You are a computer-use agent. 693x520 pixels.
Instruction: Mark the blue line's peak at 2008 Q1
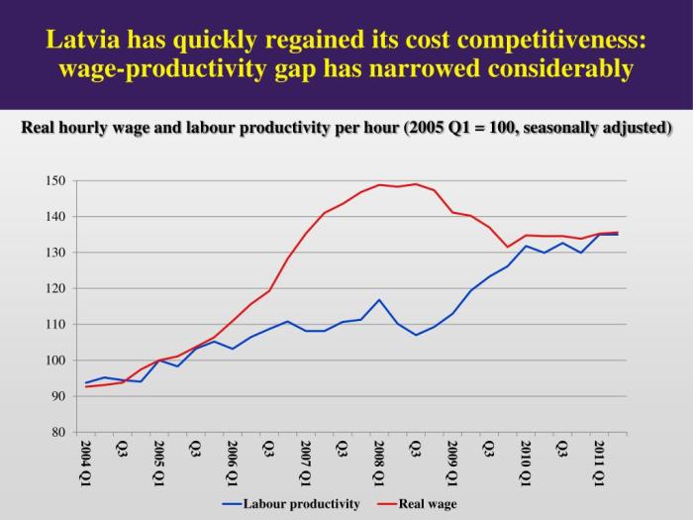point(379,299)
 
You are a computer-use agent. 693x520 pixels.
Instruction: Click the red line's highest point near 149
point(416,184)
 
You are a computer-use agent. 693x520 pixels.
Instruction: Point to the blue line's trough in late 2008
point(416,335)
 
